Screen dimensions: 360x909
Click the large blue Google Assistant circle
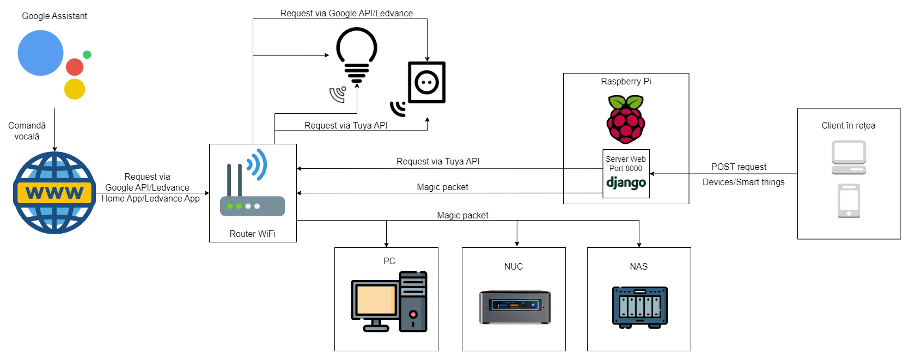point(40,53)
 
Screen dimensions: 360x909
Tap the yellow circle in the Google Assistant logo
point(75,89)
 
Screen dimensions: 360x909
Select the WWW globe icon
point(54,193)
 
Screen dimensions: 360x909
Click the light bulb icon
point(357,54)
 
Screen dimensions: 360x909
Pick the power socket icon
point(427,82)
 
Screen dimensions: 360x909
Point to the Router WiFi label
point(252,234)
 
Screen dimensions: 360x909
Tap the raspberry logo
point(626,119)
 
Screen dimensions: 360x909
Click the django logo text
point(626,183)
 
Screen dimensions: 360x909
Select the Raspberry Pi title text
point(626,81)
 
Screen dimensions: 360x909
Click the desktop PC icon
point(389,302)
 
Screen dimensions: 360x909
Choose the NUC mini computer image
point(515,307)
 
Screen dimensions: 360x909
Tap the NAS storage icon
point(639,307)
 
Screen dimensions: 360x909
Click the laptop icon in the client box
point(849,157)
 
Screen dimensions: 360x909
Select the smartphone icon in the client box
point(849,200)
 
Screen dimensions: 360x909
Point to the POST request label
point(739,167)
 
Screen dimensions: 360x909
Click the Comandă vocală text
point(27,131)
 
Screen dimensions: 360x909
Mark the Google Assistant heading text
point(54,16)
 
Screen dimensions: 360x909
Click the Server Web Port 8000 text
point(626,163)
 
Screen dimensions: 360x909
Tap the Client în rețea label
point(848,125)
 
